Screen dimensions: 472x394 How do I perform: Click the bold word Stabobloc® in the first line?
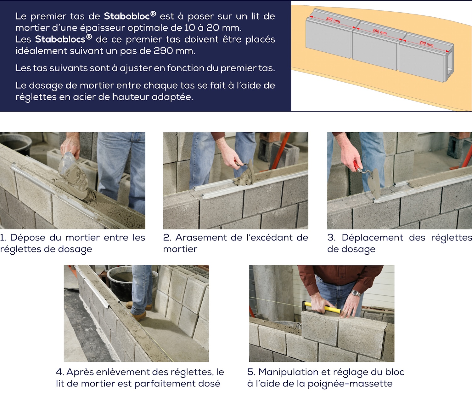click(x=130, y=16)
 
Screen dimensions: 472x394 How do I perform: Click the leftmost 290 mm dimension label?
click(x=333, y=20)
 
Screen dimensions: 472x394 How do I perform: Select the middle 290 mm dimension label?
click(x=380, y=32)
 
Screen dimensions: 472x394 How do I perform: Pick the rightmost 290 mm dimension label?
click(x=426, y=43)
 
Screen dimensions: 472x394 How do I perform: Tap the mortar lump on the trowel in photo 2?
click(x=246, y=178)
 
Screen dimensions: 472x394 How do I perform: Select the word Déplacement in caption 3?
click(x=372, y=238)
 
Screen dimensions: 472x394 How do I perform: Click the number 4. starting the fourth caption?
click(x=60, y=372)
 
